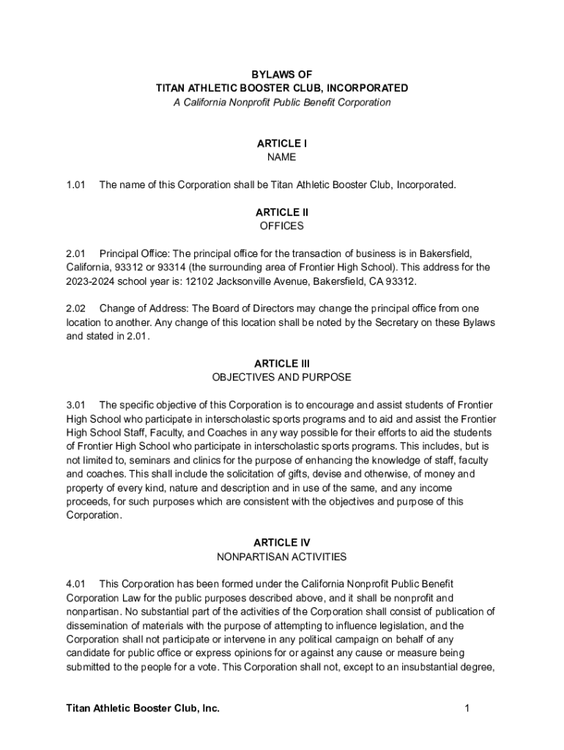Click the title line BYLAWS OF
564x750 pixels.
[x=282, y=74]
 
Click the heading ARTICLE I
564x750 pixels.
[x=282, y=144]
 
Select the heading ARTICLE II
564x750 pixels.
[x=282, y=212]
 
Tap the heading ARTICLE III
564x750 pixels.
[x=282, y=363]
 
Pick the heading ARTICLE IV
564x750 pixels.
[x=282, y=543]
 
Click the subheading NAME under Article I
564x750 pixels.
[x=282, y=157]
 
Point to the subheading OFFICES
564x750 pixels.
[x=282, y=226]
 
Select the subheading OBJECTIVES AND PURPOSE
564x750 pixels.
[x=282, y=377]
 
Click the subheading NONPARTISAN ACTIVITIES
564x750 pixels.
[x=282, y=557]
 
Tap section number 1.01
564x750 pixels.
[x=76, y=185]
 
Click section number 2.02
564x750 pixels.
[x=76, y=309]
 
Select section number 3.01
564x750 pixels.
[x=76, y=405]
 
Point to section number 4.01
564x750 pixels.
[x=76, y=584]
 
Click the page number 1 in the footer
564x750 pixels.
[x=466, y=708]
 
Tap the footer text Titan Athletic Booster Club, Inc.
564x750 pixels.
[x=143, y=708]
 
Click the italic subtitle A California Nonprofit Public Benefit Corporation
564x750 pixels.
[x=282, y=103]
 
